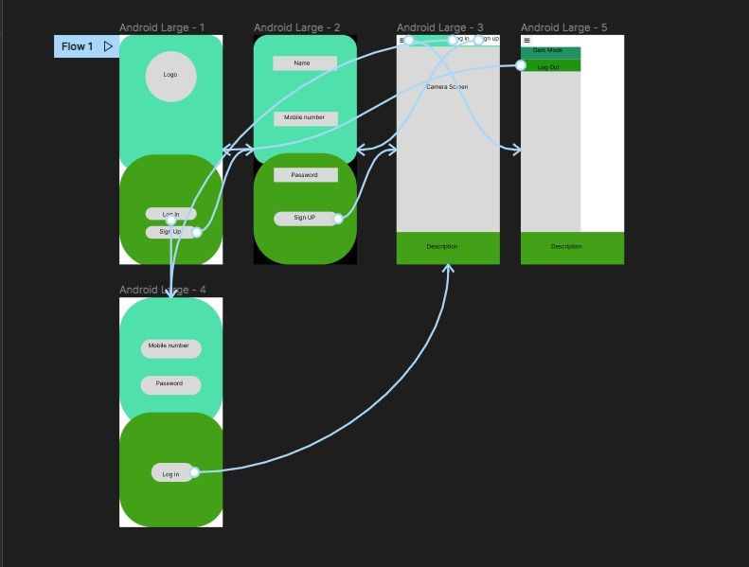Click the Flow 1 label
[77, 46]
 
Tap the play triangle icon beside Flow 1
[109, 46]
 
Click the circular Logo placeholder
[170, 76]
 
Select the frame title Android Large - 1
[162, 28]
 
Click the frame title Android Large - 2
[296, 28]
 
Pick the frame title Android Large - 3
[439, 28]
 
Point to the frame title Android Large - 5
[563, 28]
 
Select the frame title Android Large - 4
[162, 290]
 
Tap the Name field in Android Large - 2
[304, 63]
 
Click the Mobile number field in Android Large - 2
[305, 118]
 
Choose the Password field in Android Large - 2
[305, 175]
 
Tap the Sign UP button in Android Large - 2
[304, 219]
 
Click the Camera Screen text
[447, 87]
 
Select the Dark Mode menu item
[548, 51]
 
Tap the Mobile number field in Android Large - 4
[170, 347]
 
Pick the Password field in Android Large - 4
[170, 384]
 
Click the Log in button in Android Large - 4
[170, 473]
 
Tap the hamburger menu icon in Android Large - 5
[526, 41]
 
